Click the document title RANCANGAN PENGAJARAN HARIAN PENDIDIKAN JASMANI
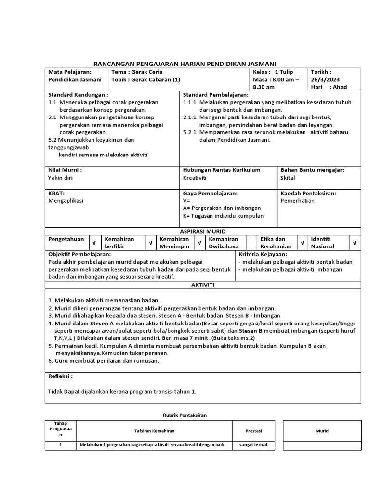point(185,63)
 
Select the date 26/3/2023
point(324,79)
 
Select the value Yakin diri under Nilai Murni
point(61,178)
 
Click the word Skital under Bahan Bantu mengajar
point(288,178)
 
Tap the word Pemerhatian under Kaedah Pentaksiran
point(297,201)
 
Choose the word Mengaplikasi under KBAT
point(66,201)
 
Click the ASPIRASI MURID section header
point(202,231)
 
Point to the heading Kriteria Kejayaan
point(263,254)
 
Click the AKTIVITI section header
point(202,285)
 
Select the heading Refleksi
point(61,376)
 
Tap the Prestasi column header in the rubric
point(253,431)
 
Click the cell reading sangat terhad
point(253,445)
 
